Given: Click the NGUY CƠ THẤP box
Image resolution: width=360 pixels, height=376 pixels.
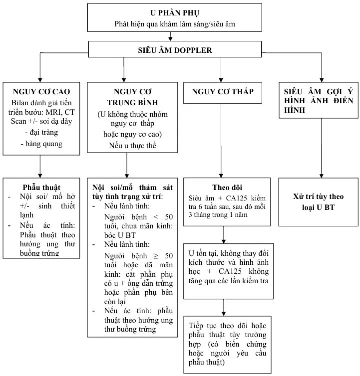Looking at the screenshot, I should tap(223, 91).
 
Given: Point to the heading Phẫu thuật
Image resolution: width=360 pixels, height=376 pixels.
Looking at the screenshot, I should tap(41, 187).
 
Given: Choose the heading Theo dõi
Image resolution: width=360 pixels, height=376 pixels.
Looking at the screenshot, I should tap(227, 187).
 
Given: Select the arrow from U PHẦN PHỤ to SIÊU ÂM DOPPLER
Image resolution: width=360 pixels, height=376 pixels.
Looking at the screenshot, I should tap(170, 36).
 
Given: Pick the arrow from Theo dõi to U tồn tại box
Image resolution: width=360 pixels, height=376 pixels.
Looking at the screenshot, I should tap(223, 235).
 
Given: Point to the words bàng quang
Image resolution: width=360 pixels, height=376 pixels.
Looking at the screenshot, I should tap(42, 144).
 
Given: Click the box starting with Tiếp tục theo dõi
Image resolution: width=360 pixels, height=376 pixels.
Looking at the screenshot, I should tap(227, 344).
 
